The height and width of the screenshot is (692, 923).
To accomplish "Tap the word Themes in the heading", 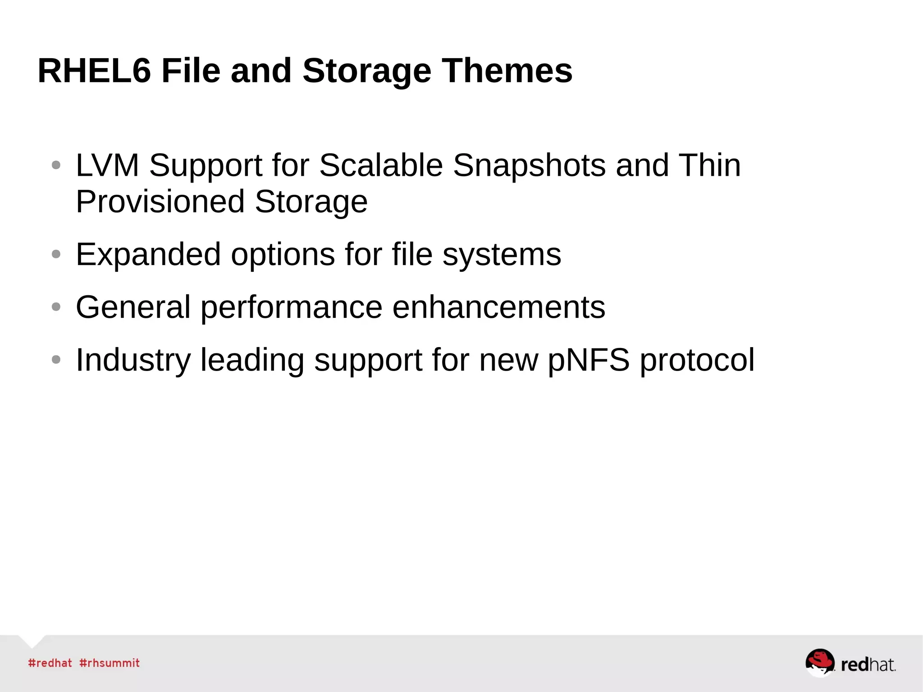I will (x=507, y=71).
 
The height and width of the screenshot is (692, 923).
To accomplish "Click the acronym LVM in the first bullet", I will (x=107, y=165).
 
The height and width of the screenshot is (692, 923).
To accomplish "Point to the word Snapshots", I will (x=529, y=166).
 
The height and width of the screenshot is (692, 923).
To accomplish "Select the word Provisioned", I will (x=160, y=202).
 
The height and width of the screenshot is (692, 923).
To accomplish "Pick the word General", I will (x=133, y=307).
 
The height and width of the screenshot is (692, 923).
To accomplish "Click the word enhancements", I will (x=498, y=307).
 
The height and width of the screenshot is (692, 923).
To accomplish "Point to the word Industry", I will (x=133, y=361).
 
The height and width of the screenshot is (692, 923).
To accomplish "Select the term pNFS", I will (x=589, y=361).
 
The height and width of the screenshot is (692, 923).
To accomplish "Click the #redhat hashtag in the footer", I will (x=50, y=663).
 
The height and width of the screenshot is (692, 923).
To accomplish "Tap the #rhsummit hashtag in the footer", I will (x=110, y=663).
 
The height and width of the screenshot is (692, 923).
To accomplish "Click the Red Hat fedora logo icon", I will (x=820, y=662).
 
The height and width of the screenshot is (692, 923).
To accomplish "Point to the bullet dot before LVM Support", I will (x=56, y=165).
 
